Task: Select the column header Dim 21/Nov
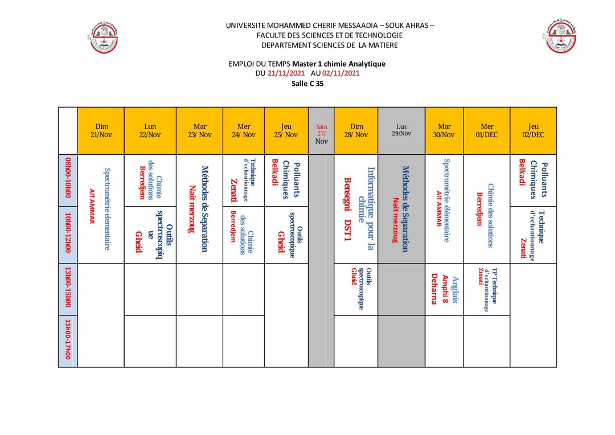pos(101,131)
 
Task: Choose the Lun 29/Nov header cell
pos(401,130)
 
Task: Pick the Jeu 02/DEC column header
pos(533,131)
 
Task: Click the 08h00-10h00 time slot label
pos(68,180)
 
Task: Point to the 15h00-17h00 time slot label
pos(68,340)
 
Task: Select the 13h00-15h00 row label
pos(68,288)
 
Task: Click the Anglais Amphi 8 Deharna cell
pos(444,289)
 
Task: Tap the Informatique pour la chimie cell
pos(356,208)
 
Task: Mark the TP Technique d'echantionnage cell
pos(486,289)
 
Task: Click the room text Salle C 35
pos(307,83)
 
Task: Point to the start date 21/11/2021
pos(285,73)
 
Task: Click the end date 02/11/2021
pos(341,73)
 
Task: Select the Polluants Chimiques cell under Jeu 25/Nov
pos(286,179)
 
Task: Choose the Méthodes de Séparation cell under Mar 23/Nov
pos(199,208)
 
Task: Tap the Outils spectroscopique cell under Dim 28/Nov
pos(356,288)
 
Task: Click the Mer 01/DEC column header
pos(487,131)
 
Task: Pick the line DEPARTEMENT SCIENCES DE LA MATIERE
pos(329,46)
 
